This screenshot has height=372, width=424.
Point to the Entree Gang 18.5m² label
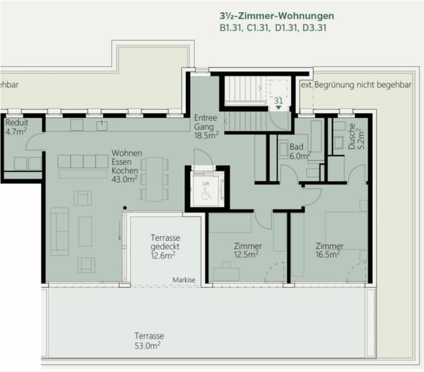point(206,125)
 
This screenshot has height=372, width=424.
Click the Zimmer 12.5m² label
point(247,250)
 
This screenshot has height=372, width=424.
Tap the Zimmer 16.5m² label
point(329,250)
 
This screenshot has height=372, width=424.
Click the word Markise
point(184,281)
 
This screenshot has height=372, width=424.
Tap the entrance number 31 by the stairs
point(278,100)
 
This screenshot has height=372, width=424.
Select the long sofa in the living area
point(59,231)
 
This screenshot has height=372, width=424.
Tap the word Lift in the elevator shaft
point(206,182)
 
